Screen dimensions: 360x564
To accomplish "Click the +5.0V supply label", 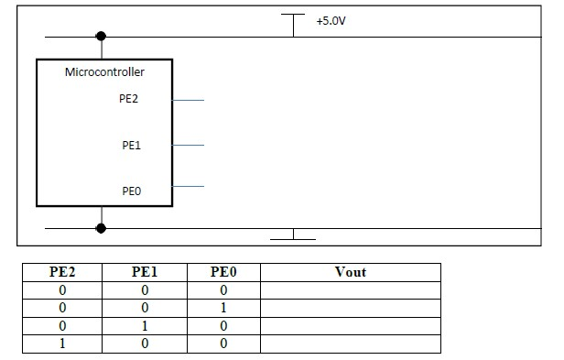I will click(x=331, y=19).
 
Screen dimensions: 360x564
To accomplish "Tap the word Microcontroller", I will click(x=104, y=71).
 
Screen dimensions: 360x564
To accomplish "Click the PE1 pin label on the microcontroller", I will click(x=131, y=145).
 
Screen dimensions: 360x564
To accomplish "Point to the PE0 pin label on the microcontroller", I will click(x=131, y=191).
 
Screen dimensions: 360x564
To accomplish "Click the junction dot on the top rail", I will click(x=101, y=37).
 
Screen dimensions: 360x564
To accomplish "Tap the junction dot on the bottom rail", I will click(x=101, y=227).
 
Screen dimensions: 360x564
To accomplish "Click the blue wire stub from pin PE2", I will click(x=187, y=100).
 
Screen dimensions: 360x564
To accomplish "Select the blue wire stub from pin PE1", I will click(x=187, y=145).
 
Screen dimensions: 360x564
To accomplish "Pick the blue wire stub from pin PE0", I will click(x=187, y=187).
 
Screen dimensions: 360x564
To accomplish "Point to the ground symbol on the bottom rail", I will click(x=294, y=235).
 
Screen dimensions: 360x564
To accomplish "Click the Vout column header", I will click(x=351, y=272).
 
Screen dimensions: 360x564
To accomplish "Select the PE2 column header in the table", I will click(x=63, y=272).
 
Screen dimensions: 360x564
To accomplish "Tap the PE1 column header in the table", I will click(x=145, y=272).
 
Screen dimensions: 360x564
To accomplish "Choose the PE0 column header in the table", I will click(x=223, y=272).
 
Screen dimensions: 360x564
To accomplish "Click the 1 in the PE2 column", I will click(x=63, y=343).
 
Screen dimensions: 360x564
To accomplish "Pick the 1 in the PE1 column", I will click(x=145, y=325).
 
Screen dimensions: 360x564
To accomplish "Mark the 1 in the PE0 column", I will click(x=223, y=308).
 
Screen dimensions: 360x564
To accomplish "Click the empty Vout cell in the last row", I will click(x=351, y=343).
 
